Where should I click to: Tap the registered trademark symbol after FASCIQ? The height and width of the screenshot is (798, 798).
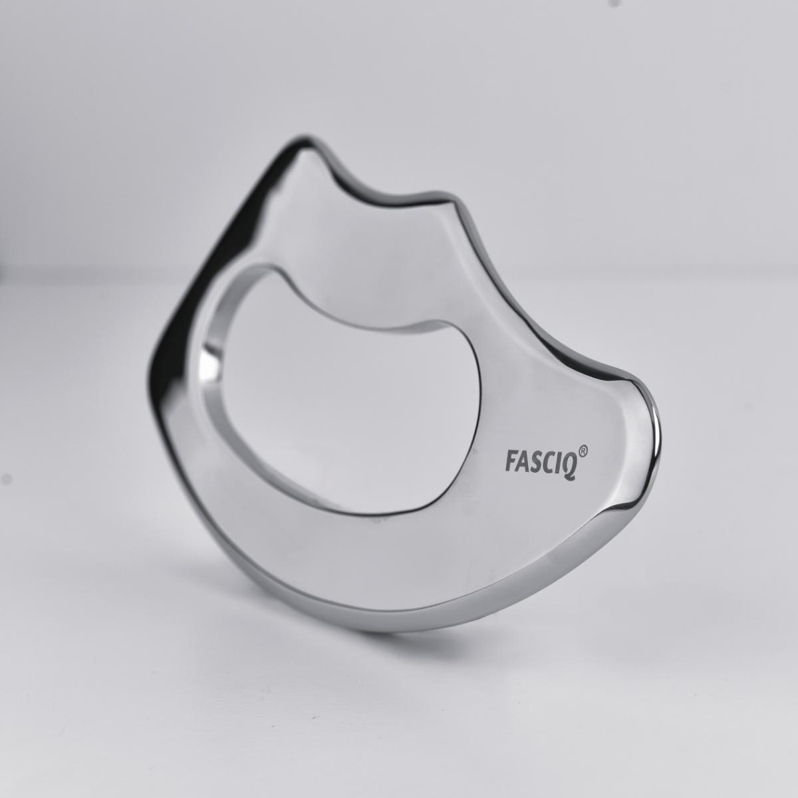point(583,452)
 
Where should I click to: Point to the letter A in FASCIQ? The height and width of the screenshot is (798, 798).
point(523,462)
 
